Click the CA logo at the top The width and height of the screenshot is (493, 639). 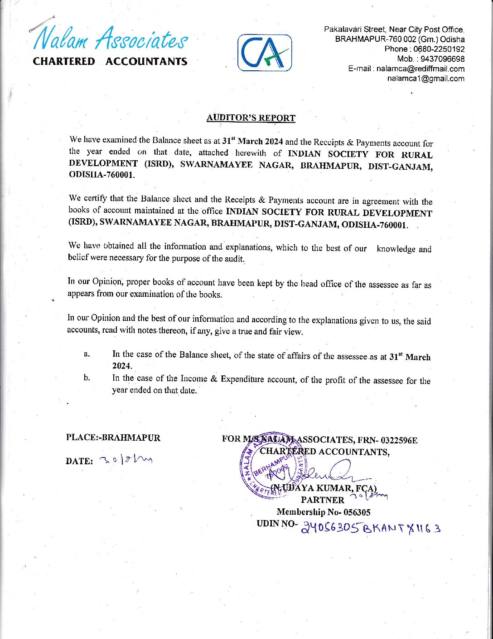point(265,53)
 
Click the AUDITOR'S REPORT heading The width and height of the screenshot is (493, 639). point(251,118)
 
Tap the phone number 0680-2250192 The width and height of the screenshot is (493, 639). point(436,49)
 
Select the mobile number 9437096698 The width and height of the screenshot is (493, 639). point(443,59)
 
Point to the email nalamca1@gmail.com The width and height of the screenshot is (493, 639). point(425,79)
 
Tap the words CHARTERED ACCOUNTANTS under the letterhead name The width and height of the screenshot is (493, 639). point(110,62)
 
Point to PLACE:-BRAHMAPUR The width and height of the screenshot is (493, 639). point(113,438)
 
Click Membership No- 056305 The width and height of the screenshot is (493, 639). point(324,512)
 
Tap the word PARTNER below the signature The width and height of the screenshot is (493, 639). point(323,500)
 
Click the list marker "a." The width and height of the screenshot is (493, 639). point(87,354)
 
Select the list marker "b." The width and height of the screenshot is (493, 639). point(87,378)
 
